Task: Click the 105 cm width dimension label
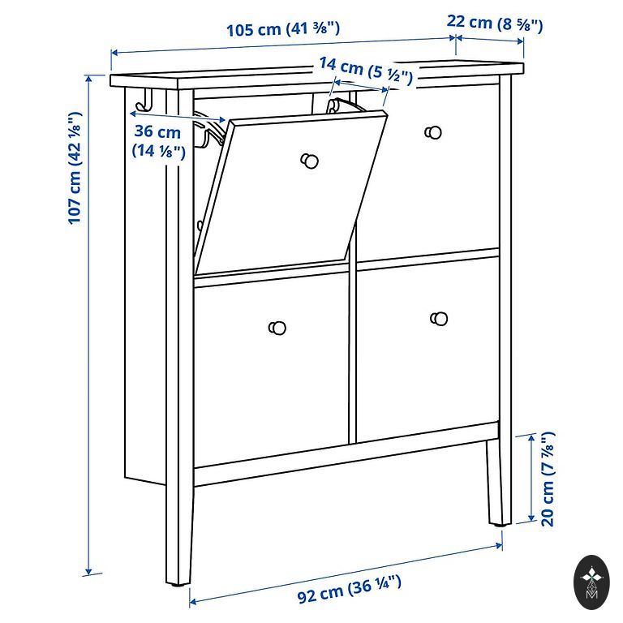(283, 29)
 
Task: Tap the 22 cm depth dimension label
(495, 23)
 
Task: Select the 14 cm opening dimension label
(366, 71)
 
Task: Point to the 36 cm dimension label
(158, 141)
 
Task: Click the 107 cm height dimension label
(75, 168)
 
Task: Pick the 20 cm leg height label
(547, 479)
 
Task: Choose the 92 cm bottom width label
(349, 589)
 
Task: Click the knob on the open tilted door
(309, 161)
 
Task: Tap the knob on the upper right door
(433, 132)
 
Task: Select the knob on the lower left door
(277, 328)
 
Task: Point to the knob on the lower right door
(439, 318)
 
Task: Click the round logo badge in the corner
(591, 582)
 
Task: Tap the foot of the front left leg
(178, 583)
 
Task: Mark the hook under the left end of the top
(144, 101)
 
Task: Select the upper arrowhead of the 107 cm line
(88, 78)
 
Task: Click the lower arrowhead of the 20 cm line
(531, 518)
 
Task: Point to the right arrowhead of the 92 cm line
(499, 546)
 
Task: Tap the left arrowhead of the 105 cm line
(114, 53)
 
